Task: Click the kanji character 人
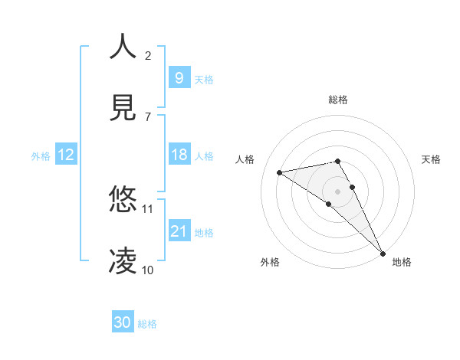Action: click(x=123, y=47)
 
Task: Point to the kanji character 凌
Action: click(x=123, y=261)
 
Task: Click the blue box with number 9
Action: click(x=179, y=77)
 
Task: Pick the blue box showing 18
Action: click(x=179, y=155)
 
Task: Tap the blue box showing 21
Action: click(x=179, y=231)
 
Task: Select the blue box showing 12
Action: click(x=65, y=155)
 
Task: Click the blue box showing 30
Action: click(x=122, y=322)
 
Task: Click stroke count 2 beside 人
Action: click(x=148, y=55)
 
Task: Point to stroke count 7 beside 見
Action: click(x=148, y=116)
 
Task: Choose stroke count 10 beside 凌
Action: click(x=148, y=270)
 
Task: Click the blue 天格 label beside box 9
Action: click(x=204, y=79)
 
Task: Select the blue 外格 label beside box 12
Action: click(x=41, y=156)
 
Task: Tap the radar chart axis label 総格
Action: click(x=338, y=100)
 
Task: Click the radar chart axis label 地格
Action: click(x=402, y=262)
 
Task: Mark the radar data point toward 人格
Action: click(x=280, y=172)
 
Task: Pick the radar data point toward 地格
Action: click(x=383, y=254)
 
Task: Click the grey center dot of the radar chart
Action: click(x=338, y=191)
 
